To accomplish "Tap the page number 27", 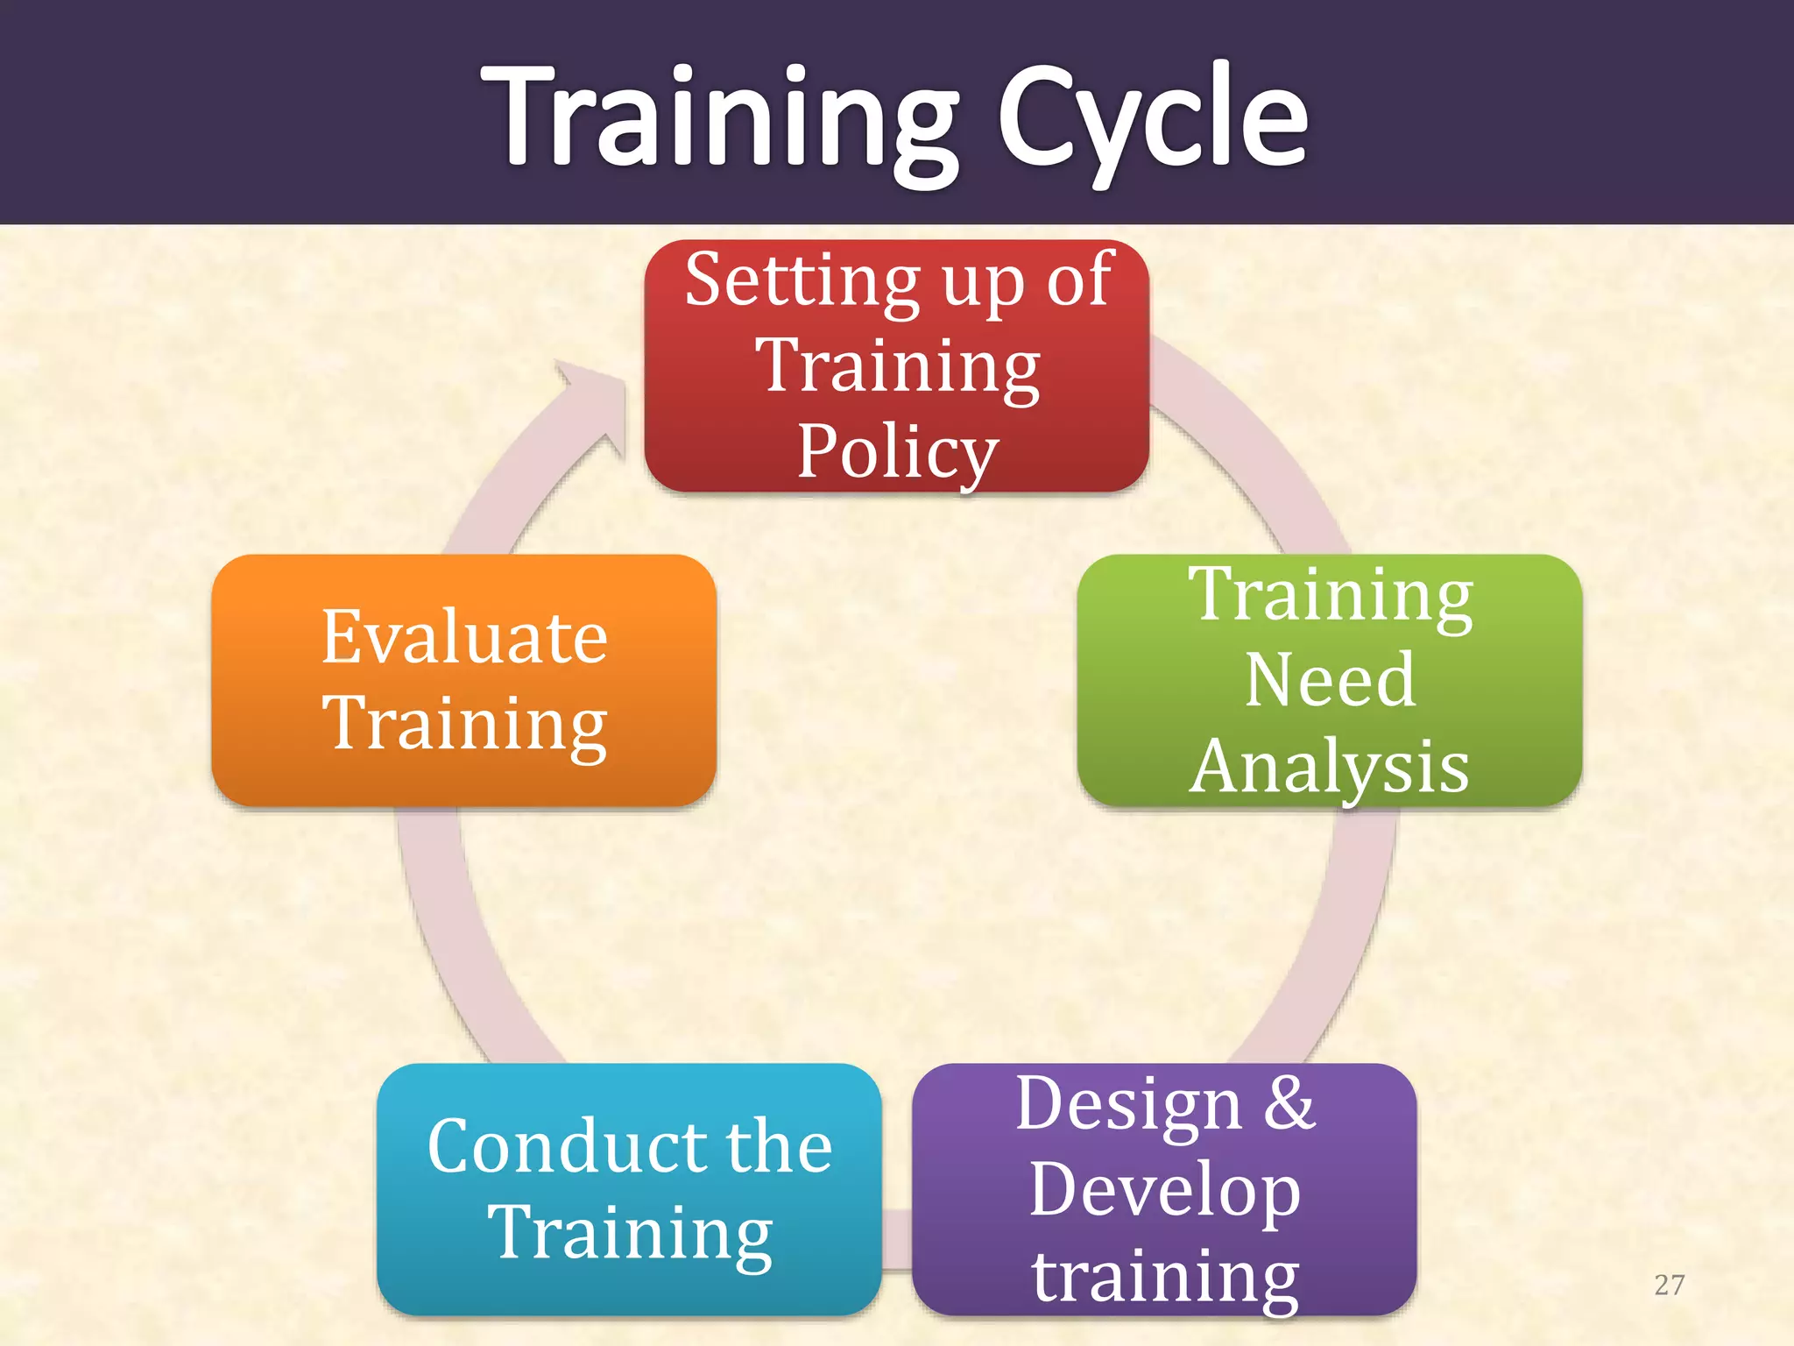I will point(1669,1285).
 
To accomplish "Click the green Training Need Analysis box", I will point(1329,680).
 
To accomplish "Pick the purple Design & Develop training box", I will point(1163,1188).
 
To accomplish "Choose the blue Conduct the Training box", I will point(629,1188).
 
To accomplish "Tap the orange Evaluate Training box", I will point(463,680).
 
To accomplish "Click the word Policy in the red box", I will point(897,452).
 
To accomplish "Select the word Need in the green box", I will point(1330,680).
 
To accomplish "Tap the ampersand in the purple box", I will point(1289,1103).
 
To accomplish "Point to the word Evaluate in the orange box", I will point(464,637).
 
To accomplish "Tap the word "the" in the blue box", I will point(779,1146).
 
